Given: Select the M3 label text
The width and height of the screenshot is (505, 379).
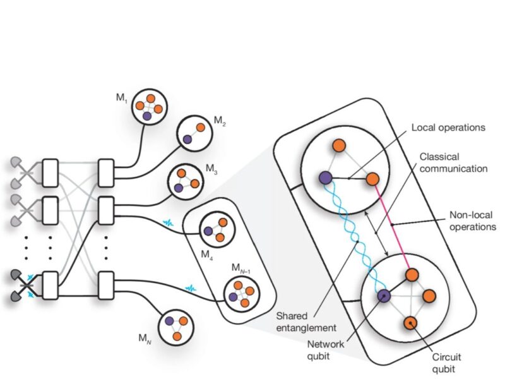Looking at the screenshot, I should click(x=211, y=169).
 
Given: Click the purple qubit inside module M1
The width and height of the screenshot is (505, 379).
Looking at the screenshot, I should click(x=146, y=116).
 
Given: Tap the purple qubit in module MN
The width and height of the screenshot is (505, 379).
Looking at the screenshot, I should click(x=169, y=321).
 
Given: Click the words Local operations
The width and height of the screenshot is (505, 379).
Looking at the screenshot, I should click(x=448, y=128).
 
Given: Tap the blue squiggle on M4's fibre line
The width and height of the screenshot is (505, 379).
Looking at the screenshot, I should click(x=169, y=223).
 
